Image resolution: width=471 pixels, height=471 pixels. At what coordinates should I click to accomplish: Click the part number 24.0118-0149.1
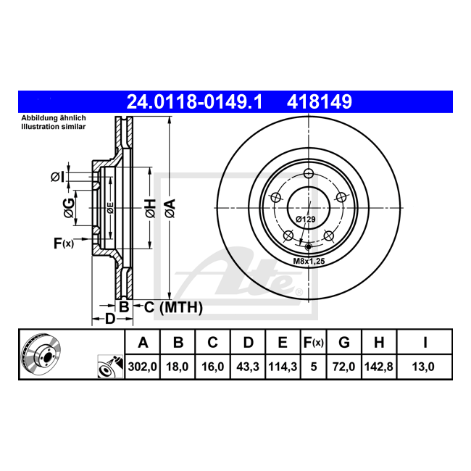click(x=194, y=101)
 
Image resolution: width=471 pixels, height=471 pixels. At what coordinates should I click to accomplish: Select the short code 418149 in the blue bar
click(x=320, y=101)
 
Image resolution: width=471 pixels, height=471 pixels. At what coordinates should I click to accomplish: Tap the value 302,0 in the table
click(x=142, y=367)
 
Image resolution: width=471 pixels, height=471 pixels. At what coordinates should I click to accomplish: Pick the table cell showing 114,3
click(x=283, y=367)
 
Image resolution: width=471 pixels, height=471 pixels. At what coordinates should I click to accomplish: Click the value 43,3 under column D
click(x=248, y=367)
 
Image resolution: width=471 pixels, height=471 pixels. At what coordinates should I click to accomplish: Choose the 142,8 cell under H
click(x=379, y=367)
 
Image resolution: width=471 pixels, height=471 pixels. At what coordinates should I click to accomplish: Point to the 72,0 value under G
click(x=343, y=367)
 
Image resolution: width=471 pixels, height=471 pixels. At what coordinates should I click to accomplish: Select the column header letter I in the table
click(x=425, y=343)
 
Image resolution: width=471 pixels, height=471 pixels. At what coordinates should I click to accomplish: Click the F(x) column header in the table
click(x=313, y=343)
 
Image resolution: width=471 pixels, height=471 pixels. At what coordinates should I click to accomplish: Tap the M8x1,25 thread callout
click(x=309, y=261)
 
